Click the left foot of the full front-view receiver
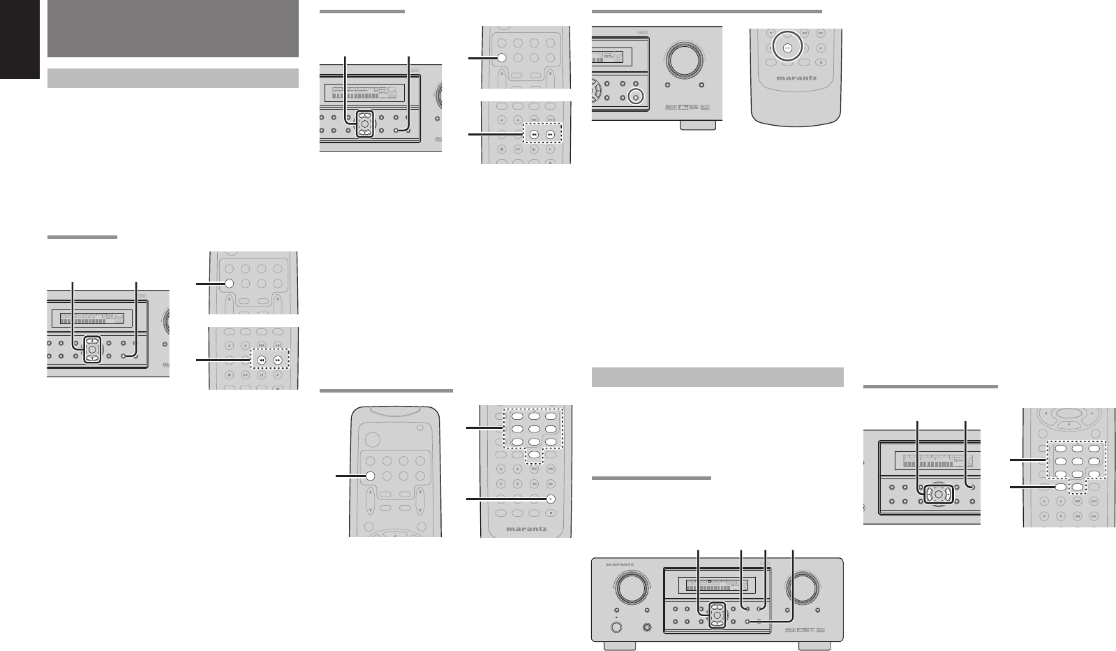pyautogui.click(x=620, y=646)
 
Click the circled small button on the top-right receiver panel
pyautogui.click(x=634, y=97)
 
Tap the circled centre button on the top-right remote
pyautogui.click(x=787, y=49)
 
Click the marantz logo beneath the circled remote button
pyautogui.click(x=796, y=78)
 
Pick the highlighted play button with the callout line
pyautogui.click(x=550, y=499)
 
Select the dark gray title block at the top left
pyautogui.click(x=172, y=29)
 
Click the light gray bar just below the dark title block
pyautogui.click(x=172, y=78)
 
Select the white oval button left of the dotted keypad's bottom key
pyautogui.click(x=1061, y=488)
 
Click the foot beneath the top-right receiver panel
pyautogui.click(x=697, y=125)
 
